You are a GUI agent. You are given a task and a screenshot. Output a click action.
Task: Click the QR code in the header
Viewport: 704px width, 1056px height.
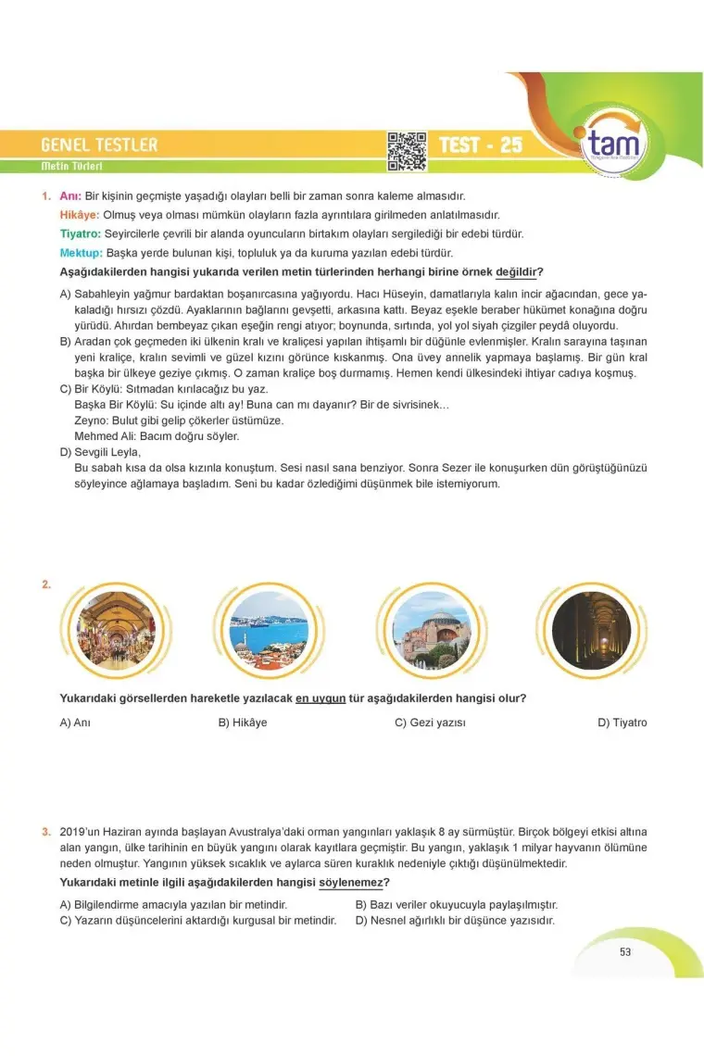coord(406,151)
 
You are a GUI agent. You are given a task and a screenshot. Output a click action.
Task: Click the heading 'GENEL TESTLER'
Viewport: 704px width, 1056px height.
coord(99,145)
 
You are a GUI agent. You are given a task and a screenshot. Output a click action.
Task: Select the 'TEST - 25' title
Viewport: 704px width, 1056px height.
coord(480,145)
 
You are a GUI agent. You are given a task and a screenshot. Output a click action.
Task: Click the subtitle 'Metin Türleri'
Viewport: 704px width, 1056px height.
coord(71,167)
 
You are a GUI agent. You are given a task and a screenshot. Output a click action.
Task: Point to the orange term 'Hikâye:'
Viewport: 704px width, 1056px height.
coord(80,215)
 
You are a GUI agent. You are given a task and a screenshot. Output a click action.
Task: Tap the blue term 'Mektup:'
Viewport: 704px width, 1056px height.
coord(81,253)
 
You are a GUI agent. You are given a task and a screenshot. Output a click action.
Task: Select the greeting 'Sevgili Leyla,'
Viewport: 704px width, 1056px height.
coord(107,452)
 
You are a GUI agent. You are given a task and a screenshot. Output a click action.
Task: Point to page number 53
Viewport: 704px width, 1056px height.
coord(625,951)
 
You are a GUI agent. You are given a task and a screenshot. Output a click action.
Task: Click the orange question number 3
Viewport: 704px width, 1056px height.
coord(45,832)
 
